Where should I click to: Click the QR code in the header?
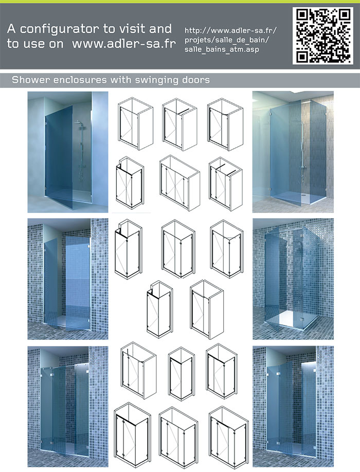[322, 36]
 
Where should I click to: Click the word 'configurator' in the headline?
[59, 29]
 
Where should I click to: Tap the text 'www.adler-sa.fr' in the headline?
[124, 44]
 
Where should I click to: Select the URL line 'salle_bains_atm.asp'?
[222, 49]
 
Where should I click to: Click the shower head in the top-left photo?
[78, 122]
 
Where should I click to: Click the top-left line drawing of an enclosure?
[135, 123]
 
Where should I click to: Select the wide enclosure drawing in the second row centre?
[179, 183]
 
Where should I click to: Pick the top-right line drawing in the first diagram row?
[225, 124]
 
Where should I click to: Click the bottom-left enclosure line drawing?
[133, 435]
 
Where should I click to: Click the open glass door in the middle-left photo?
[77, 283]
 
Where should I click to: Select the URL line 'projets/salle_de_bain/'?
[227, 40]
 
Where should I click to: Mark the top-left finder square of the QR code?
[303, 15]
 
